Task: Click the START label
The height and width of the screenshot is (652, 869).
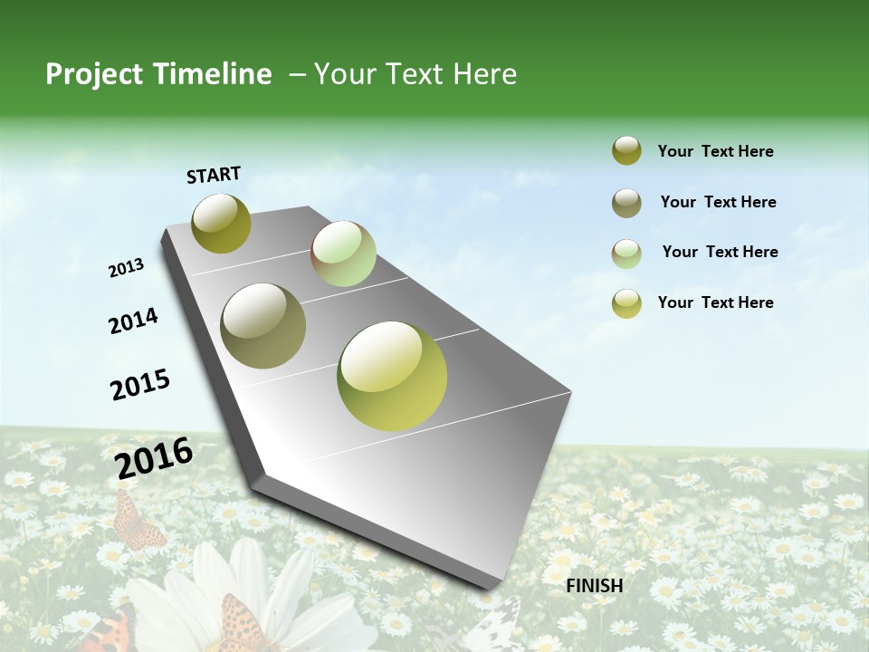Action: pos(214,175)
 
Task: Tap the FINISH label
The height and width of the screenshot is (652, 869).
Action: pos(594,586)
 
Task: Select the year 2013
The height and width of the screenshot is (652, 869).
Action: pos(126,267)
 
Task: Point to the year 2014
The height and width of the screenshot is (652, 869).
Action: pos(133,321)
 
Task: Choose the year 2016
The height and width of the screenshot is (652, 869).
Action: pos(154,457)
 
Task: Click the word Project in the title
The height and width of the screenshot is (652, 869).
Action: pos(94,74)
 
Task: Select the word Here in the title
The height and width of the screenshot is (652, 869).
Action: pos(484,74)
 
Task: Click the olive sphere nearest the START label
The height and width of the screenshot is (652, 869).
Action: pos(221,223)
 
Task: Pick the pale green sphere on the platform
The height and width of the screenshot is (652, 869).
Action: pos(343,254)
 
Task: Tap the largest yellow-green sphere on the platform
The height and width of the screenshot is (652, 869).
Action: pos(392,376)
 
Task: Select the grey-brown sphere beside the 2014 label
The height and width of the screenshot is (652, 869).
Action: pos(263,326)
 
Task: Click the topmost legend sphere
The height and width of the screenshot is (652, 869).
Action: pos(626,151)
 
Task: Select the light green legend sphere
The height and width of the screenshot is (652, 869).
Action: pos(626,253)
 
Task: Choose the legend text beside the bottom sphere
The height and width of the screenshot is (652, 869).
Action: pos(715,302)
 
